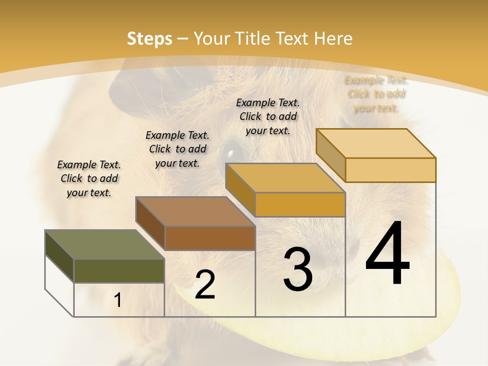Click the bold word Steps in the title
point(149,39)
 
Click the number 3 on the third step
point(298,269)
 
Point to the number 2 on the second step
point(205,285)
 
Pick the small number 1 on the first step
point(118,300)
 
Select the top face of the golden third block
point(285,178)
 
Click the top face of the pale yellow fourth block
point(376,143)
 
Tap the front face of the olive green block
point(119,270)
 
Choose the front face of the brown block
point(209,238)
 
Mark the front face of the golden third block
point(300,204)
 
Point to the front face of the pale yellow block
point(390,170)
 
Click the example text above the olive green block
point(89,178)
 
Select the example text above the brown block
point(177,149)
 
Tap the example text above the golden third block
point(268,116)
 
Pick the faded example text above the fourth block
point(376,94)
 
